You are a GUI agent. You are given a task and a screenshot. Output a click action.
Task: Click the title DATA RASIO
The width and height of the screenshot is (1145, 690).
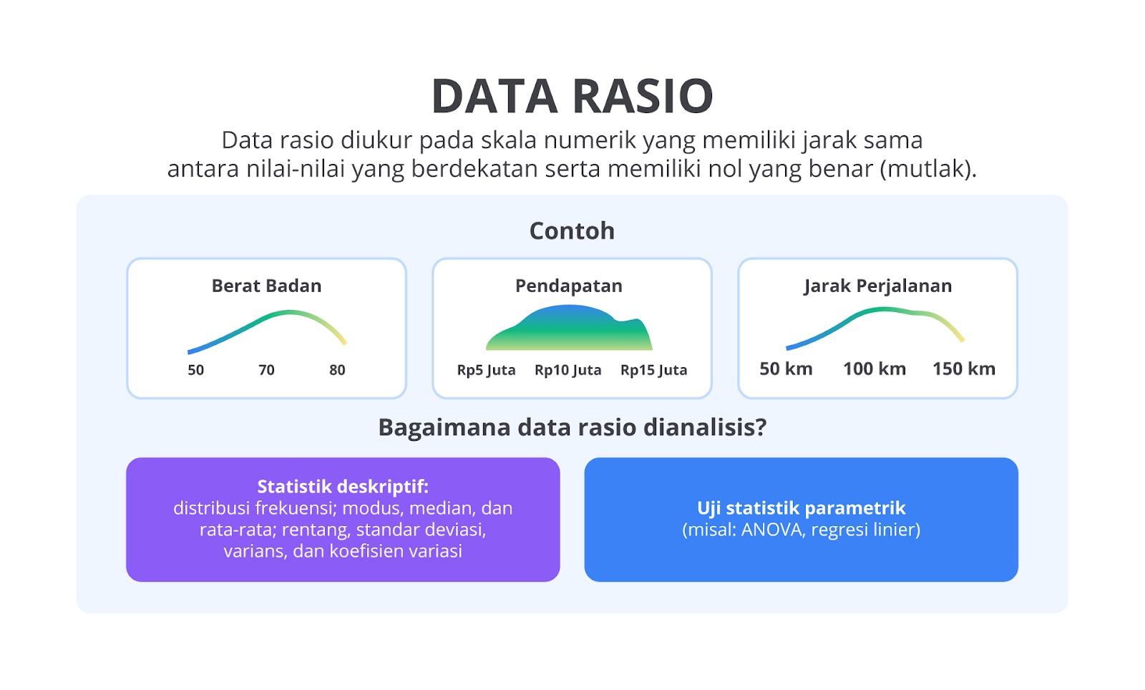point(572,96)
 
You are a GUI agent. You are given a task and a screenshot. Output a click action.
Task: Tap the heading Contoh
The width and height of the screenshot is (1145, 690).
point(572,230)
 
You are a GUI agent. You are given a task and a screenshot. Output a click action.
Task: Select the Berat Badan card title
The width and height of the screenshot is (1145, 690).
point(266,286)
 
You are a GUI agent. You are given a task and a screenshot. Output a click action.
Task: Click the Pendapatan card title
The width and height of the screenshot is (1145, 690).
point(569,286)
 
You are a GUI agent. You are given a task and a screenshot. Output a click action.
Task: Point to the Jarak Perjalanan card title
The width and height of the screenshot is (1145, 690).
point(877,286)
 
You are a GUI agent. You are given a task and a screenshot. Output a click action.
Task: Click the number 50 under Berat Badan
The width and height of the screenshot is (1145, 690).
point(196,369)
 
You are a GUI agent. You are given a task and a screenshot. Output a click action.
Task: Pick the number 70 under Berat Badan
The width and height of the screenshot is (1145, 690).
point(266,369)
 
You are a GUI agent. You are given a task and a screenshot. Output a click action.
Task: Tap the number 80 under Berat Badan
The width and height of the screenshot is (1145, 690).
point(337,369)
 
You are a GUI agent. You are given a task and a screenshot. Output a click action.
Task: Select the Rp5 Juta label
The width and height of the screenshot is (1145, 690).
point(486,370)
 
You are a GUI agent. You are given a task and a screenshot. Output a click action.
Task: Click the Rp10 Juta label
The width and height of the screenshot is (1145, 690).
point(568,370)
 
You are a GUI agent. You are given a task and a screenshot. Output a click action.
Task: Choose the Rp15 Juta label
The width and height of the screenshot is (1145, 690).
point(654,370)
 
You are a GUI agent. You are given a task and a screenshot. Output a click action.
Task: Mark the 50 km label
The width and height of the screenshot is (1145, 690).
point(786,369)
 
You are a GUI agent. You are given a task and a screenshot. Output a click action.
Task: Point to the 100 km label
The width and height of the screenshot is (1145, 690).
point(874,369)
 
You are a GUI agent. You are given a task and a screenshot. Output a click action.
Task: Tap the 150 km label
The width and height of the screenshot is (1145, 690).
point(964,369)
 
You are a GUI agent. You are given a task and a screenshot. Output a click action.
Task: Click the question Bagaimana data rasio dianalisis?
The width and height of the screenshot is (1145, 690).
point(572,427)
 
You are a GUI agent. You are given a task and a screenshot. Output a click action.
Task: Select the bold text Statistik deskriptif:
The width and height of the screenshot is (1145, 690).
point(343,487)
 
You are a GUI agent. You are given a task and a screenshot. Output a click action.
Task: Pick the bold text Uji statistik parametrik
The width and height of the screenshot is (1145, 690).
point(801,508)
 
